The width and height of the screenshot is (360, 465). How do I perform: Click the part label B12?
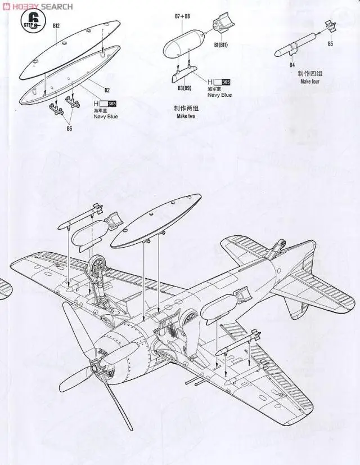click(x=56, y=25)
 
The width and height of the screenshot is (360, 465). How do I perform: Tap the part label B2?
click(x=107, y=90)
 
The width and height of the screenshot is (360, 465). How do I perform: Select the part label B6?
click(x=70, y=128)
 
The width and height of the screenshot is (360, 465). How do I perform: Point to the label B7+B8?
click(x=182, y=17)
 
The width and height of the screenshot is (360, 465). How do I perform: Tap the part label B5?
click(x=331, y=43)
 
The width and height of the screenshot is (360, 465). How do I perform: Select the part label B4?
click(x=292, y=65)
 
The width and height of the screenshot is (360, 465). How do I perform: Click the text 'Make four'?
click(x=309, y=82)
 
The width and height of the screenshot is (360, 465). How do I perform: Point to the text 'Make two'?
click(x=185, y=116)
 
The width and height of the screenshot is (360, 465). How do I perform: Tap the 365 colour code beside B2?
click(x=111, y=104)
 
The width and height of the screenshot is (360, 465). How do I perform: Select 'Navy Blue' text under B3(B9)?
click(x=219, y=95)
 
